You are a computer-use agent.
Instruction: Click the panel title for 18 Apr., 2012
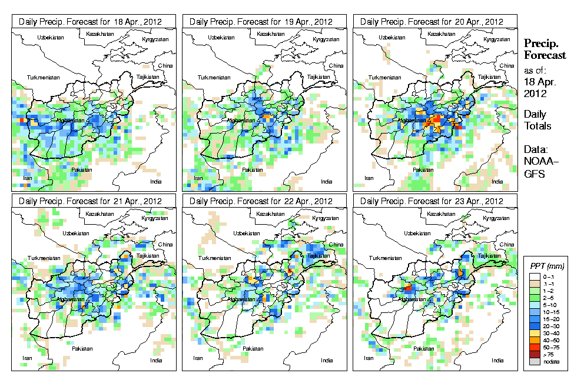(x=94, y=22)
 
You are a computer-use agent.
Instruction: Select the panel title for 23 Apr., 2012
(x=434, y=201)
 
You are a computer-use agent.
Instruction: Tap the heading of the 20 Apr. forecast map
(x=434, y=22)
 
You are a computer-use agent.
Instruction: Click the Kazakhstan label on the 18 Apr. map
(x=99, y=34)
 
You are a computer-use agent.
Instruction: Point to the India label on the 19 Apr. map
(x=327, y=181)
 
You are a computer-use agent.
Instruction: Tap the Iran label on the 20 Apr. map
(x=369, y=177)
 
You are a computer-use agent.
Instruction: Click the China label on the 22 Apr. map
(x=336, y=245)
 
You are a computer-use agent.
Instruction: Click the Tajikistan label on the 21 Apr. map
(x=148, y=256)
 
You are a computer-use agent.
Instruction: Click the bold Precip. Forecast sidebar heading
(x=545, y=49)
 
